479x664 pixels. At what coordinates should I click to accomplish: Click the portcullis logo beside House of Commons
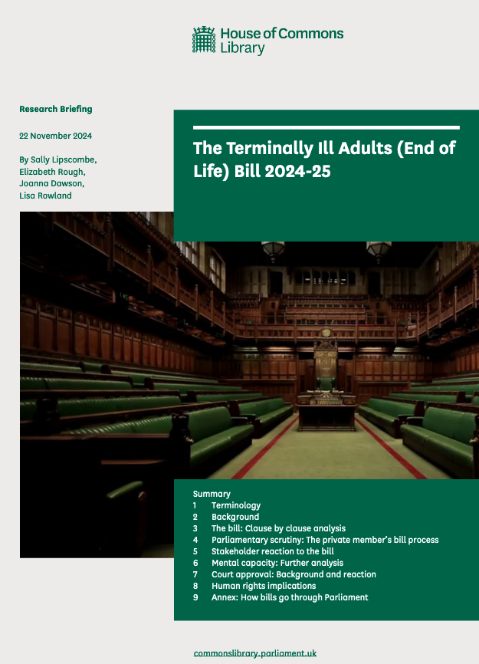(204, 40)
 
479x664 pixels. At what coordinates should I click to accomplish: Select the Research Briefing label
(55, 109)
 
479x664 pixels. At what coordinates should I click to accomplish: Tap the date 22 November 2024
(55, 136)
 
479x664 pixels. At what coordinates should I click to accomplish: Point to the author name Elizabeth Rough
(51, 171)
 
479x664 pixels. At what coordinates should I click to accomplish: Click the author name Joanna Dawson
(49, 183)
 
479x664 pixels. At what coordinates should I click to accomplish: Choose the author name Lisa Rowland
(46, 196)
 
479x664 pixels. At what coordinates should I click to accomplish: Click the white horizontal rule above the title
(326, 127)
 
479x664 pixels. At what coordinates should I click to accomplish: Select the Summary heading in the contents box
(212, 494)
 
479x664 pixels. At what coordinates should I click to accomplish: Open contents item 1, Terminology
(236, 505)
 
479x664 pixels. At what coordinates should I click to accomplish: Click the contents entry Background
(235, 517)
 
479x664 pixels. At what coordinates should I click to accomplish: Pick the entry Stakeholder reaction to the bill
(272, 551)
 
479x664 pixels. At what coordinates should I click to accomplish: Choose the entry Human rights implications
(264, 586)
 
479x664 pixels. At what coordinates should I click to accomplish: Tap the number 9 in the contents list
(195, 597)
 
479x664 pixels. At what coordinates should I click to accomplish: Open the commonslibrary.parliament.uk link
(255, 653)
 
